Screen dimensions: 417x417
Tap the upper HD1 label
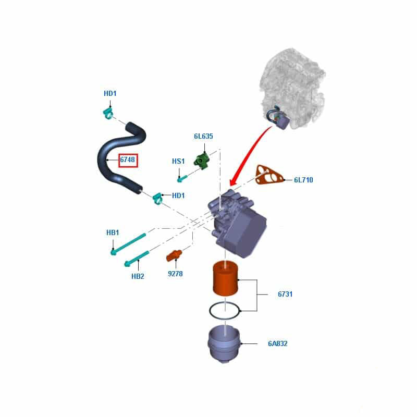pyautogui.click(x=110, y=94)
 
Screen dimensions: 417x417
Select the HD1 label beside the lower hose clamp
pyautogui.click(x=178, y=195)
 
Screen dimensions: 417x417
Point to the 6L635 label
pyautogui.click(x=203, y=137)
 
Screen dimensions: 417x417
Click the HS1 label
pyautogui.click(x=178, y=162)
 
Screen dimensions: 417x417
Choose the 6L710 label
pyautogui.click(x=303, y=180)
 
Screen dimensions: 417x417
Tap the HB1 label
pyautogui.click(x=113, y=232)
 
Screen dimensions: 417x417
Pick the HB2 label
pyautogui.click(x=138, y=276)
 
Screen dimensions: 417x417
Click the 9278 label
pyautogui.click(x=175, y=274)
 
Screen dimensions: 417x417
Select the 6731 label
pyautogui.click(x=285, y=294)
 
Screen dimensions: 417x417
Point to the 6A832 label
pyautogui.click(x=278, y=344)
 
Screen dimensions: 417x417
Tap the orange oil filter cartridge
pyautogui.click(x=225, y=279)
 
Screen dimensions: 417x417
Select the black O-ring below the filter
pyautogui.click(x=225, y=311)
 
